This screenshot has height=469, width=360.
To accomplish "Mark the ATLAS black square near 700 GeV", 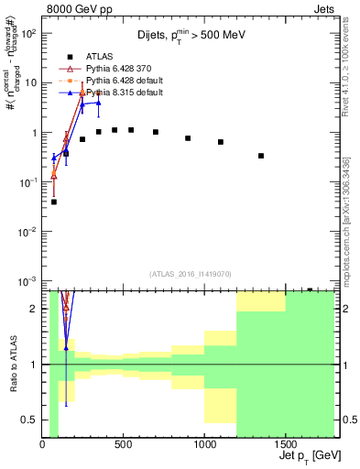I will (x=156, y=132).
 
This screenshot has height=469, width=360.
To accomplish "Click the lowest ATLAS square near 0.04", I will (x=54, y=202).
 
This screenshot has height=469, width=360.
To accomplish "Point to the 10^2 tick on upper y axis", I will (x=27, y=33).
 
